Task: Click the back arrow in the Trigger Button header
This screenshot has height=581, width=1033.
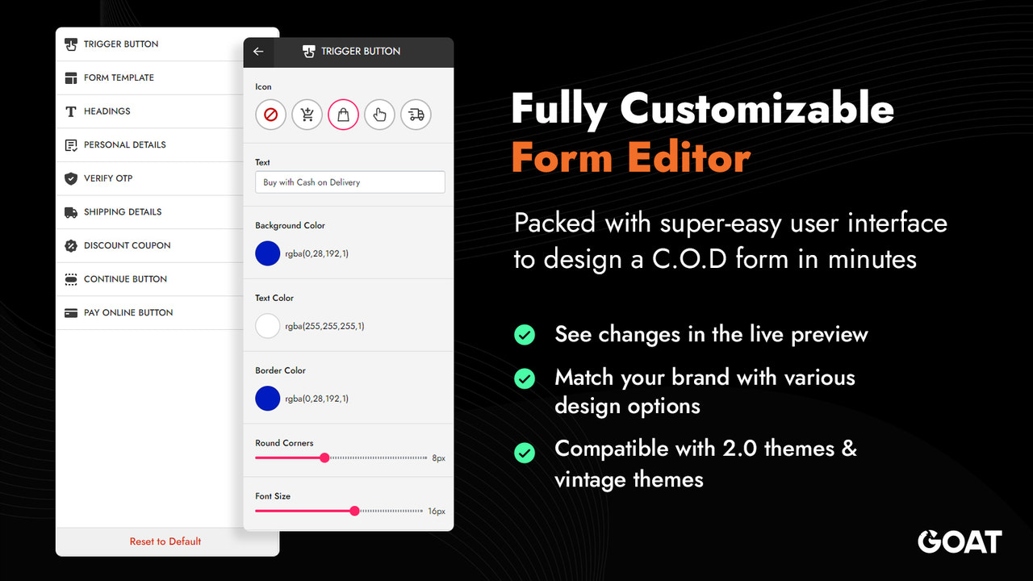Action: (258, 51)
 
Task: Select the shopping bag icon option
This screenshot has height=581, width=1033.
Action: (343, 115)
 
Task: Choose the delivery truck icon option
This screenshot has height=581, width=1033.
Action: (416, 115)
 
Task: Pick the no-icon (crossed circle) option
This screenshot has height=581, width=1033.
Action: (270, 115)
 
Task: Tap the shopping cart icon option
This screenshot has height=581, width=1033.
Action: (307, 115)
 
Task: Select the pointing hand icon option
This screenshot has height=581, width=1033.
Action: (379, 115)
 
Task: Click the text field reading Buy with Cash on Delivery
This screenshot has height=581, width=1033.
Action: (349, 182)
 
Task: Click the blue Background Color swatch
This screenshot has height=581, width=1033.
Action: (267, 253)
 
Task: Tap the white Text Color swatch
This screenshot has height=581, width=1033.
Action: (267, 326)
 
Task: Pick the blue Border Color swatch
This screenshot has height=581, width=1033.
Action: (267, 399)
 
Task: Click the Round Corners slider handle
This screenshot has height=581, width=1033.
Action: (324, 458)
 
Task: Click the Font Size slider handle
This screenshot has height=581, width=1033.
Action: (354, 511)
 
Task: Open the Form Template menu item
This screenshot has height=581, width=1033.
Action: (119, 77)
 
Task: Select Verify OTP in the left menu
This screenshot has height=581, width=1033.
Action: (108, 178)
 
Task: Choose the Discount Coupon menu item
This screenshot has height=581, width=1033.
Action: (127, 245)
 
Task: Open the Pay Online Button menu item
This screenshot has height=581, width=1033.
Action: (128, 312)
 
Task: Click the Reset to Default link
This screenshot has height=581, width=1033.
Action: (165, 541)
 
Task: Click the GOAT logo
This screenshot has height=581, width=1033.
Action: (960, 541)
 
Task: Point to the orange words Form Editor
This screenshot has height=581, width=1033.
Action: (630, 157)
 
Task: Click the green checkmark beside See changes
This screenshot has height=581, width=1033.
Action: (525, 334)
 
